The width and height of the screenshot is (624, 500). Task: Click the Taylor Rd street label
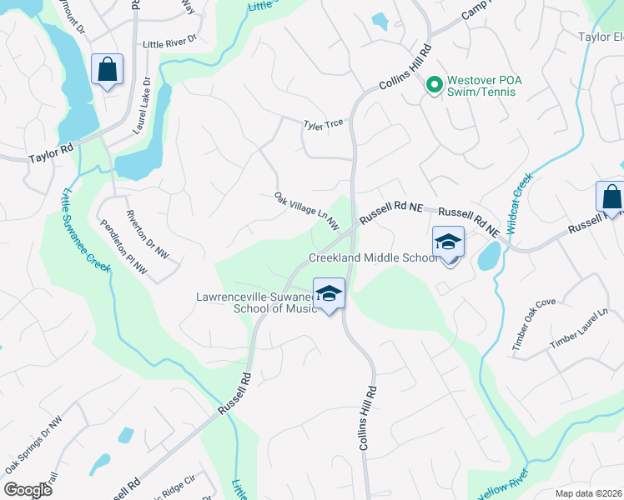point(51,155)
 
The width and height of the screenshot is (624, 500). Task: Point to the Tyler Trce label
point(324,124)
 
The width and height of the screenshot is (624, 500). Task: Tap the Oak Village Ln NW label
point(307,210)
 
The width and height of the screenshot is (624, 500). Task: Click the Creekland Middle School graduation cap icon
point(448,243)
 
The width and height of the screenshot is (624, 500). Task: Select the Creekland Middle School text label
point(373,257)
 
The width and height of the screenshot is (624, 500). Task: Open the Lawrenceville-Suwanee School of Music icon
point(330,293)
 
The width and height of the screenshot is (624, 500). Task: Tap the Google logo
point(28,490)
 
